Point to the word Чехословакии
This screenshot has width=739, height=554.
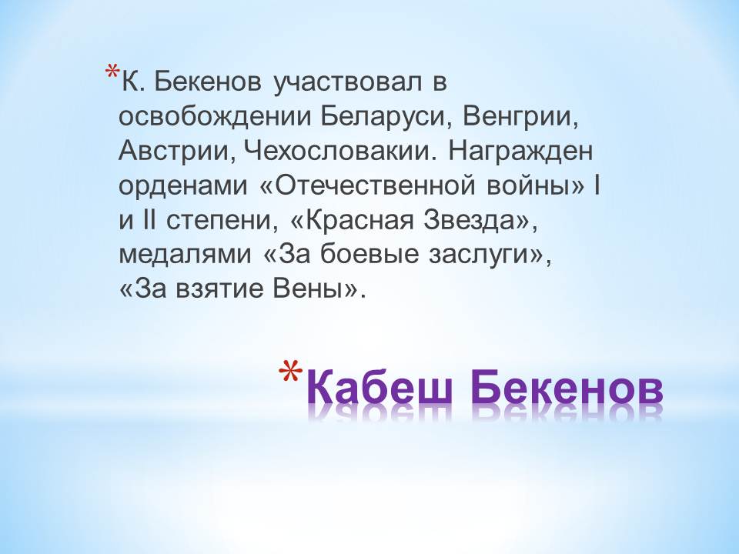click(337, 152)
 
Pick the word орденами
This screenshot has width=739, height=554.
click(183, 186)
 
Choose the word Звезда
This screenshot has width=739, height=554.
click(471, 221)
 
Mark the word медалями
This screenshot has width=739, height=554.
click(186, 255)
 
